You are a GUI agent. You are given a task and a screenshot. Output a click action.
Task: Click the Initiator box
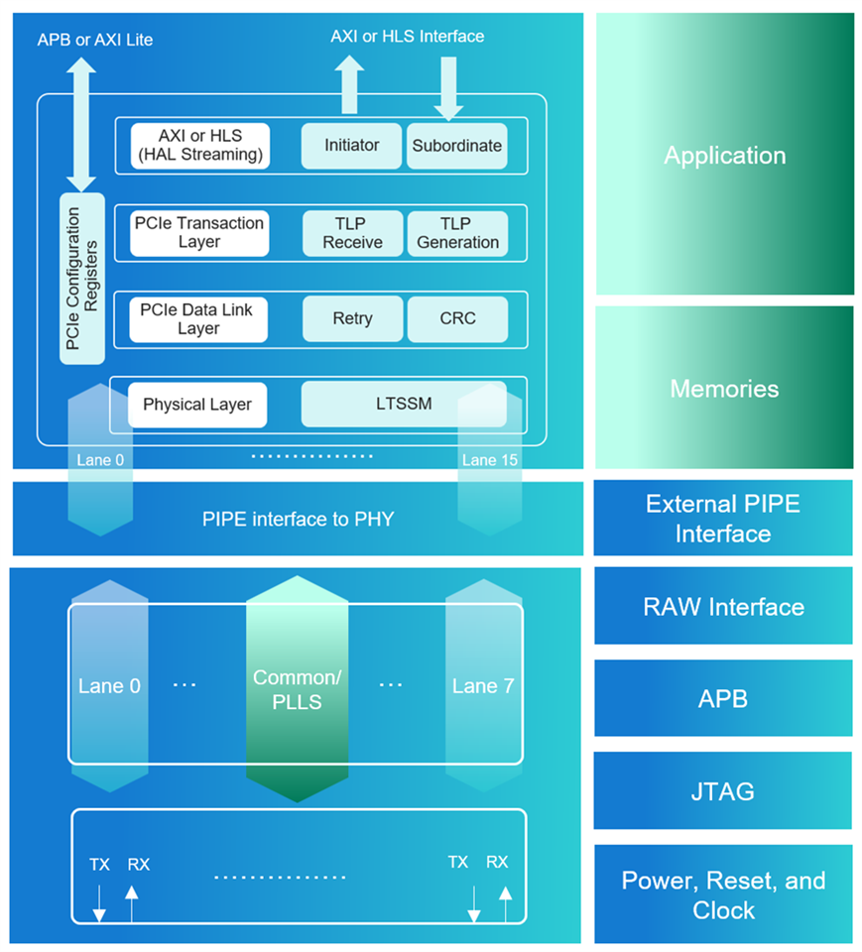tap(351, 146)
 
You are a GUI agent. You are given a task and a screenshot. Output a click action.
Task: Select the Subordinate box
tap(457, 146)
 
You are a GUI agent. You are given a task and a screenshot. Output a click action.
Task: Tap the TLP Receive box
tap(351, 233)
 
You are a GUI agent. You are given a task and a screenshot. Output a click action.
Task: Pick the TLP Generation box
tap(457, 233)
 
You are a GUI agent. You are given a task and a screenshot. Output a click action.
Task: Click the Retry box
tap(352, 319)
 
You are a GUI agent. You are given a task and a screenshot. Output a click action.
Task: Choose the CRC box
tap(457, 319)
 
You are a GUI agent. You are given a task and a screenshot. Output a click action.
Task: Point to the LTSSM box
tap(404, 405)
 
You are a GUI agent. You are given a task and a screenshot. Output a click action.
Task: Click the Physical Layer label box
tap(197, 405)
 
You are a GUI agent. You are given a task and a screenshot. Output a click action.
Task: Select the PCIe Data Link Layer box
tap(198, 319)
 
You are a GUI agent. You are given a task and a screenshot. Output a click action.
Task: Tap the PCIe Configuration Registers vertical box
tap(82, 279)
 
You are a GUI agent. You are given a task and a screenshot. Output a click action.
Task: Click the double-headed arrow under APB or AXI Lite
tap(81, 124)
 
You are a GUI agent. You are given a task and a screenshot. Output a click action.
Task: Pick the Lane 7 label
tap(482, 686)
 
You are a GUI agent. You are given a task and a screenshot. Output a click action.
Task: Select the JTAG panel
tap(723, 791)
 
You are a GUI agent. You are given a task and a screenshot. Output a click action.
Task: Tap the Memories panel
tap(724, 388)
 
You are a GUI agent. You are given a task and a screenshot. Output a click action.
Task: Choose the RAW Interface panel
tap(723, 607)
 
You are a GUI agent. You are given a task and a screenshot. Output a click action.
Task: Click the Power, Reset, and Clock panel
tap(723, 895)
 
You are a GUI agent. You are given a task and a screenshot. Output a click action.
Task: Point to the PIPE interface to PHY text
tap(298, 519)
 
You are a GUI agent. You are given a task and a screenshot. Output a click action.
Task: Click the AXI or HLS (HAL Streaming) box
tap(198, 146)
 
